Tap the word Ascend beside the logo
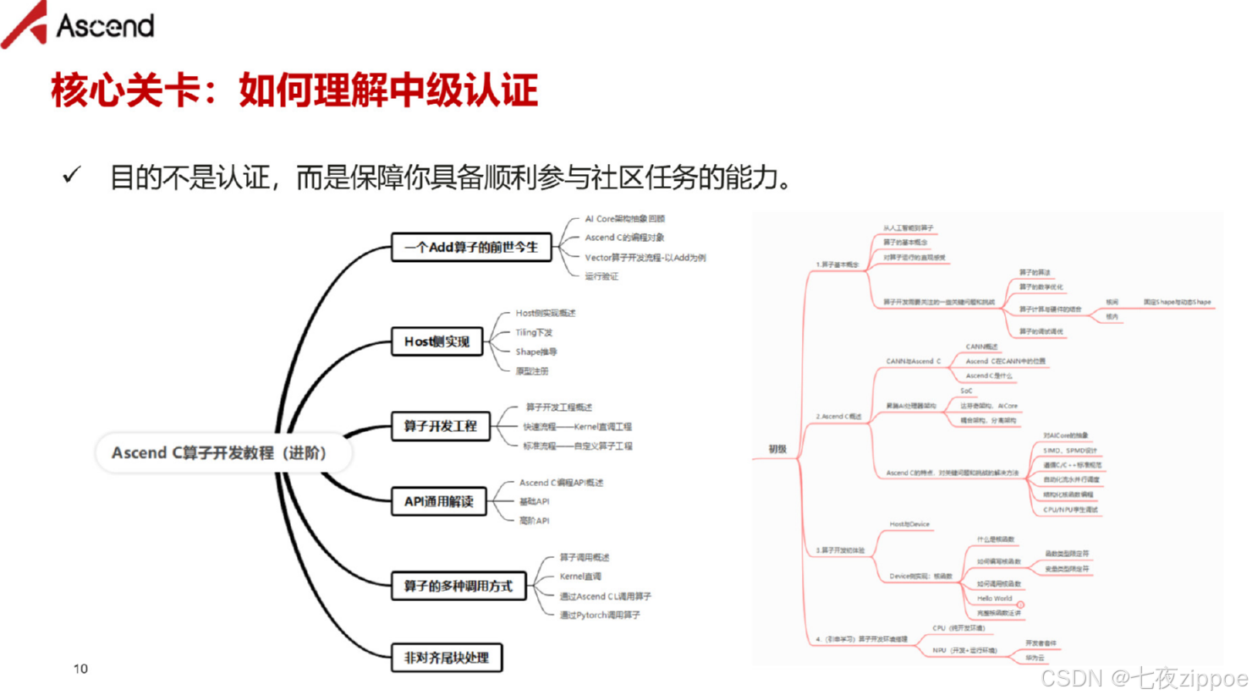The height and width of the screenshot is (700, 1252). click(x=105, y=26)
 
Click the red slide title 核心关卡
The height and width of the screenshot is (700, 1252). click(x=294, y=90)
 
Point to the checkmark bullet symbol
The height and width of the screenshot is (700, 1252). click(x=72, y=176)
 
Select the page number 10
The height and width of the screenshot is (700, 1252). click(x=80, y=669)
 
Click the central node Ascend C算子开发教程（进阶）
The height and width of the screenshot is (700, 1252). click(x=220, y=453)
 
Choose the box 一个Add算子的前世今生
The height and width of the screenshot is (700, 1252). click(x=471, y=248)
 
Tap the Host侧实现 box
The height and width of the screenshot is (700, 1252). click(x=437, y=342)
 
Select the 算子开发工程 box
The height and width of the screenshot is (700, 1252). click(x=440, y=426)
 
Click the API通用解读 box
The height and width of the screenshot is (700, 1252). click(x=438, y=501)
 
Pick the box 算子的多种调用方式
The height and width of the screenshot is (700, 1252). click(x=458, y=586)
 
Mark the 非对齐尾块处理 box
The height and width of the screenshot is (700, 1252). click(x=446, y=658)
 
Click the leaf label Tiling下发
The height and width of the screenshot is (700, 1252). click(x=534, y=332)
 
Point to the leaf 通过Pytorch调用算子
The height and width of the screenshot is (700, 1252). click(x=600, y=615)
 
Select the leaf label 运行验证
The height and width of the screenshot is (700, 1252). click(x=601, y=276)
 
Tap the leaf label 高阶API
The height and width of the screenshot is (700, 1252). click(x=534, y=521)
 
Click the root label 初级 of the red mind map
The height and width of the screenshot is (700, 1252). click(x=777, y=450)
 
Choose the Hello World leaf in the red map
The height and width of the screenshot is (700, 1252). click(x=994, y=599)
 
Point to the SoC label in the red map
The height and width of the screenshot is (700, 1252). click(x=966, y=391)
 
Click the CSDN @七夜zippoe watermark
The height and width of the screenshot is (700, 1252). click(x=1144, y=679)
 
